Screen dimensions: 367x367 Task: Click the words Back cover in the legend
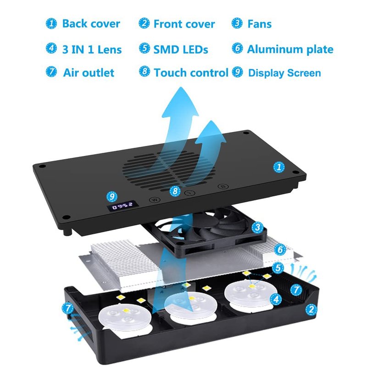point(91,24)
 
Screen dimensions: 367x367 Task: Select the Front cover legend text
point(184,24)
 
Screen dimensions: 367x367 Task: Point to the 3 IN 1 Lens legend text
point(92,49)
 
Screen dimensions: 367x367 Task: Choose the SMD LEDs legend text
point(181,49)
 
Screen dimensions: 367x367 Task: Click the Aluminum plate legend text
point(290,49)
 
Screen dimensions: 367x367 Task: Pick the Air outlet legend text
point(89,72)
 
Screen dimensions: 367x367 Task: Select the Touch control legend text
point(191,72)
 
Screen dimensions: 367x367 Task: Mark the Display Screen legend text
point(284,73)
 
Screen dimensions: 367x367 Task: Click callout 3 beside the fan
point(258,227)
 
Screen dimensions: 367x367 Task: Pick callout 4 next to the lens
point(276,299)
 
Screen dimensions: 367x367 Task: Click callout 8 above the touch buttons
point(175,190)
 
